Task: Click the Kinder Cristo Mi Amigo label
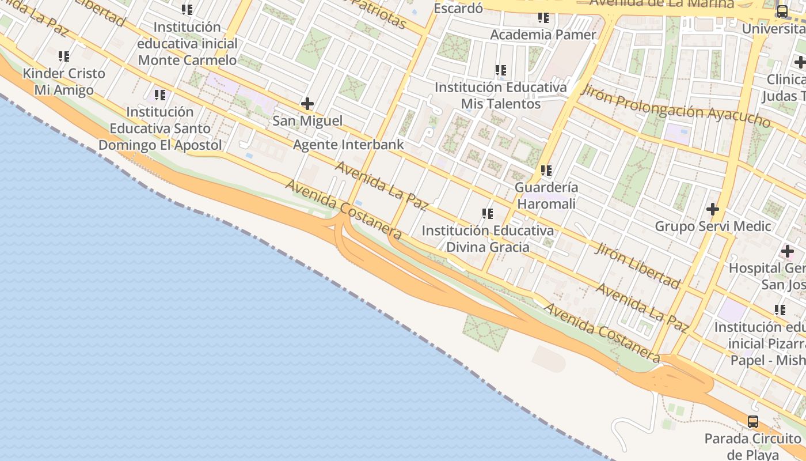(64, 82)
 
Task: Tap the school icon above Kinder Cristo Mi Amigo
(64, 56)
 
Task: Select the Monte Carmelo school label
(187, 43)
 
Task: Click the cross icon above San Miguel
(307, 104)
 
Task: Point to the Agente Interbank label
(348, 145)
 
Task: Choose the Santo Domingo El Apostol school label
(159, 128)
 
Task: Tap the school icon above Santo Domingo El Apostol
(159, 95)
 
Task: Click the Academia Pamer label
(543, 35)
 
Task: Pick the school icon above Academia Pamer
(543, 18)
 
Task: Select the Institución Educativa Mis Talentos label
(500, 96)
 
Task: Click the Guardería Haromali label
(546, 195)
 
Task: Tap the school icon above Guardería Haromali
(546, 171)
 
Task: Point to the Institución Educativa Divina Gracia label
(488, 239)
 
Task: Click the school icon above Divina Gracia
(488, 214)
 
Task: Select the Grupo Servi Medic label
(713, 226)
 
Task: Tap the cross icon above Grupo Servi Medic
(713, 209)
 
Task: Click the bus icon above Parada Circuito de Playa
(753, 421)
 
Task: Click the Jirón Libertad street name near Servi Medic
(637, 264)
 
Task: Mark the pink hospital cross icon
(787, 251)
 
